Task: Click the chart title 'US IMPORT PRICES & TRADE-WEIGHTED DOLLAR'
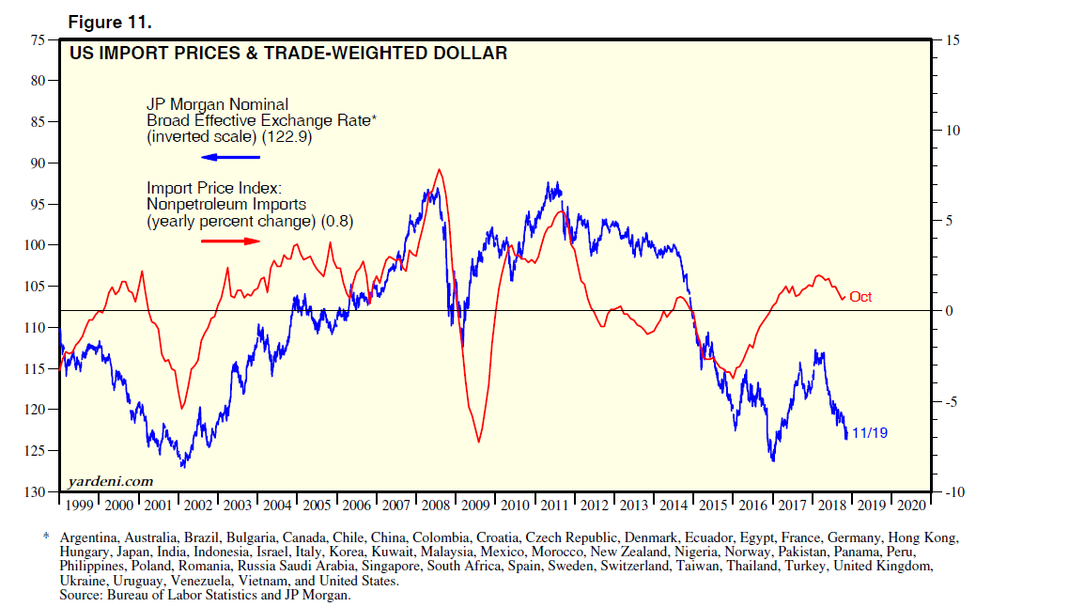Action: click(288, 54)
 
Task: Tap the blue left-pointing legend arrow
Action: click(229, 157)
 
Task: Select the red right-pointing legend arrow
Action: click(230, 241)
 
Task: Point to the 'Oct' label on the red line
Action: click(860, 297)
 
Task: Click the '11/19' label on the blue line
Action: click(869, 433)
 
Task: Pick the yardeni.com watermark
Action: click(111, 481)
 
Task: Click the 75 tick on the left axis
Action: click(38, 39)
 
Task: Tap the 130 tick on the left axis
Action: click(35, 491)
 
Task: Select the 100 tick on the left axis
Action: click(35, 245)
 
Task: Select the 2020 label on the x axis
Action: click(911, 505)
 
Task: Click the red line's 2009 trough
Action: click(478, 442)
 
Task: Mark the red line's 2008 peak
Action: click(439, 170)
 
